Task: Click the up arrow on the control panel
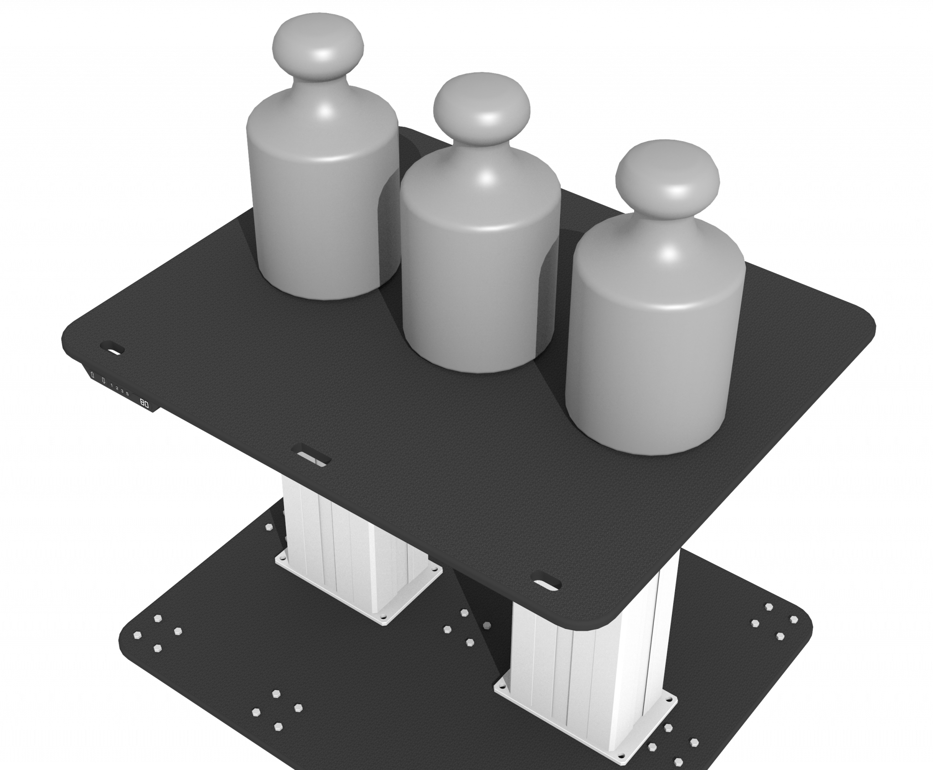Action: point(92,375)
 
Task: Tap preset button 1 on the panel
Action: point(112,385)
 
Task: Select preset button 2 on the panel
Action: point(117,388)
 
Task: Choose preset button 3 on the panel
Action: point(122,391)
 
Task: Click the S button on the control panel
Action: point(127,393)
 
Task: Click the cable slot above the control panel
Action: point(113,347)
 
